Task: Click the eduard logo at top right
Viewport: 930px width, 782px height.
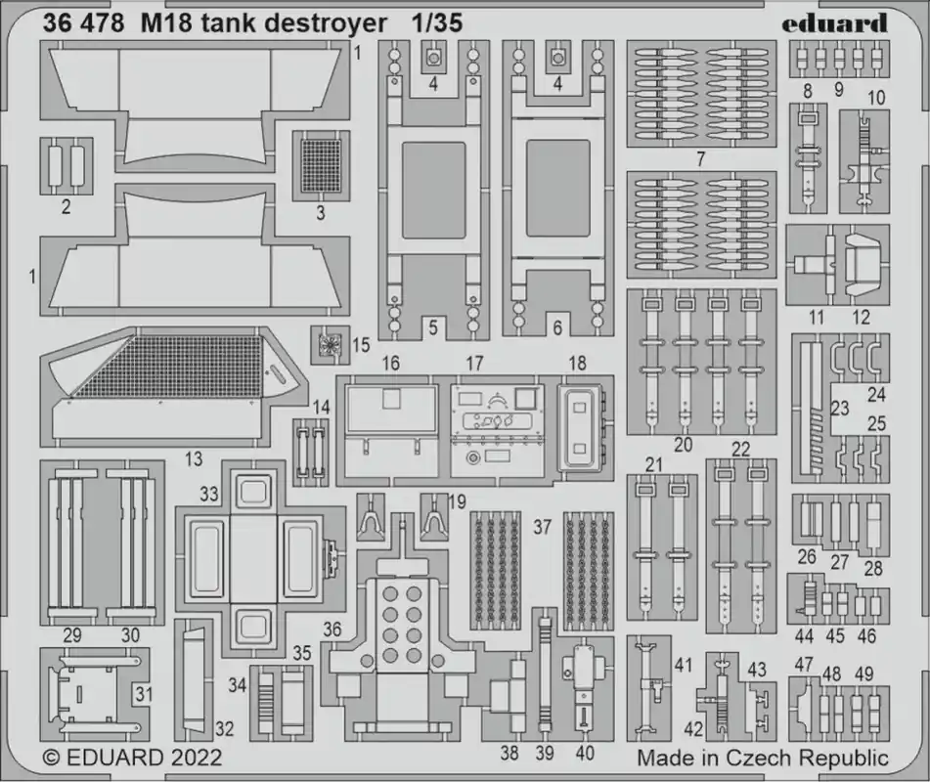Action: [834, 23]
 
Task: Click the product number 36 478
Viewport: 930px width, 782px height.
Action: [84, 23]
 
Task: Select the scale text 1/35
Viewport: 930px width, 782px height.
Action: [437, 23]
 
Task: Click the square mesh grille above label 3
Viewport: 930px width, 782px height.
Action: [321, 165]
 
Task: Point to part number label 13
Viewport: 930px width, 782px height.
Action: [194, 458]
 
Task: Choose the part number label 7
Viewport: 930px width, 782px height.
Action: [701, 159]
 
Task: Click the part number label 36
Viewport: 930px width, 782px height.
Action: [332, 630]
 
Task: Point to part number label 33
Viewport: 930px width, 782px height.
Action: [208, 494]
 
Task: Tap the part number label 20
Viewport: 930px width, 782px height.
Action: [684, 444]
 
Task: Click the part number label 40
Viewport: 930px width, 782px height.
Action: [585, 753]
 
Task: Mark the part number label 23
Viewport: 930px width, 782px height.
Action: [840, 408]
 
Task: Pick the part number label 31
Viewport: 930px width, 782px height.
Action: [144, 694]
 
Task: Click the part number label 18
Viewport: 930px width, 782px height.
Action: [577, 363]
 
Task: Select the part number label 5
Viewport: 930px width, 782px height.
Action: [433, 327]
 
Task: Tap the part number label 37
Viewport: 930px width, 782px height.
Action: [542, 527]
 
